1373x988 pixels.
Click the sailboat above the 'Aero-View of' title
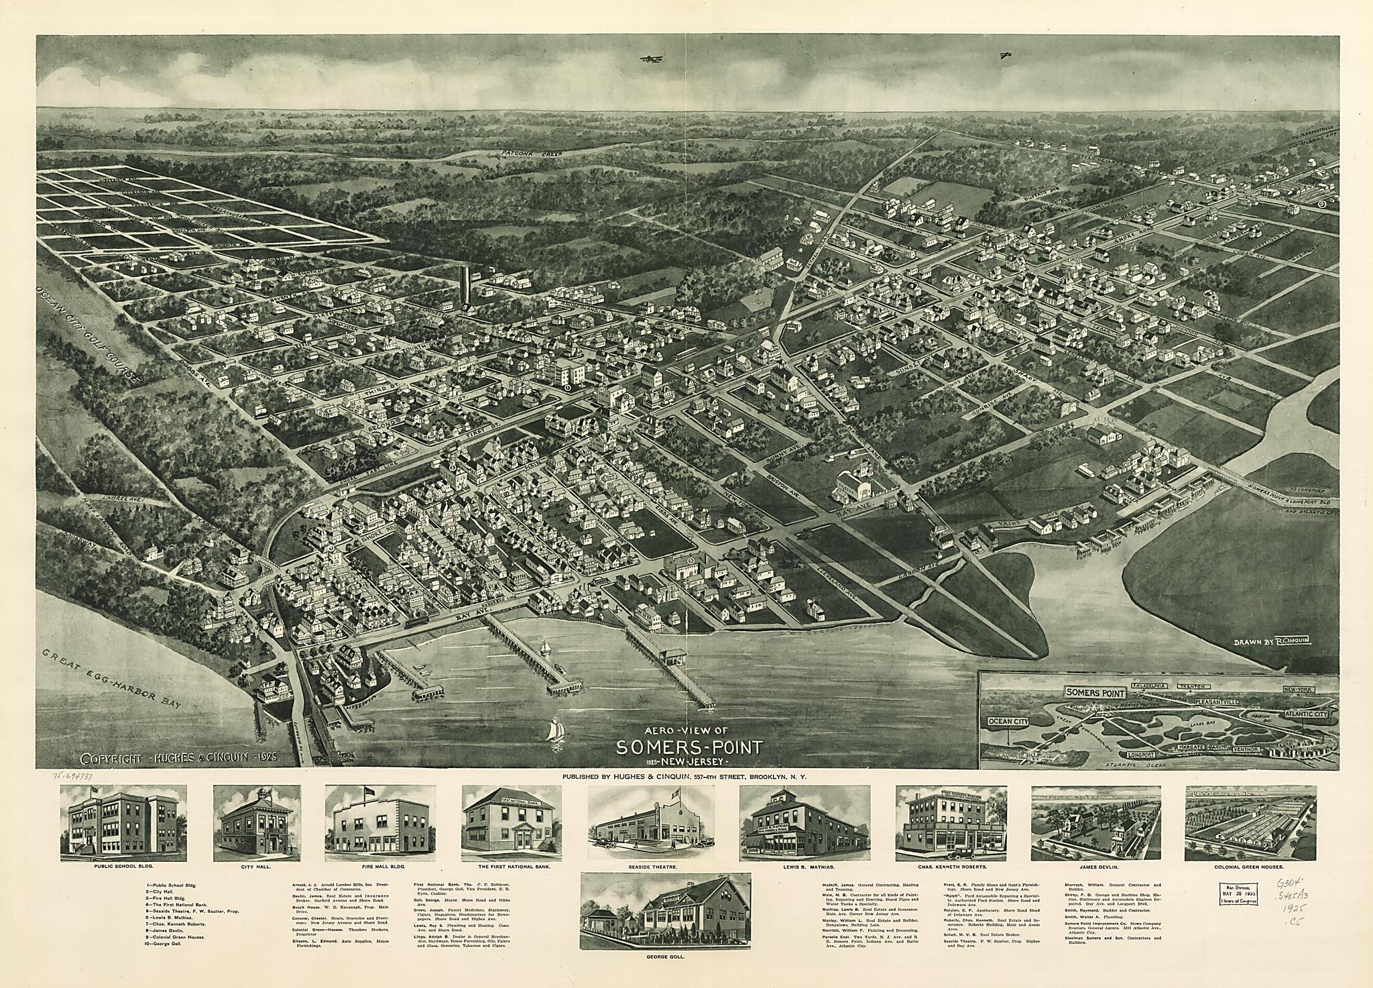(x=555, y=720)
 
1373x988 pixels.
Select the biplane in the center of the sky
(x=648, y=60)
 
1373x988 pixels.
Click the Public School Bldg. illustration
(x=123, y=824)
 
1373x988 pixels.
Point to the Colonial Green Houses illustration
(x=1250, y=824)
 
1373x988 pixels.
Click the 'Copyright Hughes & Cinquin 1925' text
(x=180, y=759)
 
